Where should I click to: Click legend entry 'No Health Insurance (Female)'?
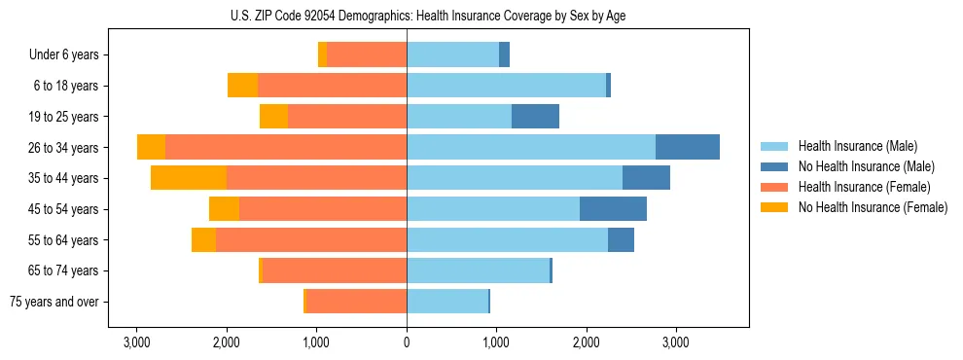[873, 207]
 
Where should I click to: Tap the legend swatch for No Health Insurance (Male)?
[776, 167]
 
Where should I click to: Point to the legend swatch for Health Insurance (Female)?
[776, 187]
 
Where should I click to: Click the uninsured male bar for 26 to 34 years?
[688, 147]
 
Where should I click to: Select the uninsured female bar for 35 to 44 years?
[189, 178]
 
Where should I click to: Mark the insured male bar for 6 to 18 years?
[506, 86]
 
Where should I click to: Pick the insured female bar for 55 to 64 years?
[263, 239]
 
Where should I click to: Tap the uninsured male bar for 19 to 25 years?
[535, 117]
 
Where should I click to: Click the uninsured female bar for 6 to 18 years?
[242, 86]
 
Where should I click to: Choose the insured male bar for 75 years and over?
[446, 301]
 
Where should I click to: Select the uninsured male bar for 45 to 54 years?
[613, 208]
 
